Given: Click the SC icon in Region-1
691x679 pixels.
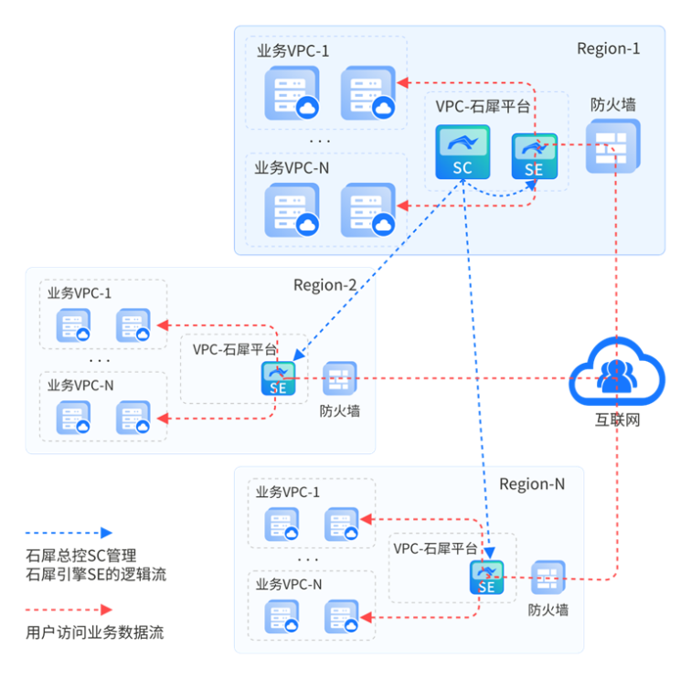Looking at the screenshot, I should pos(462,152).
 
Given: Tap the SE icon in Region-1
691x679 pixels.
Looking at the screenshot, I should pos(534,155).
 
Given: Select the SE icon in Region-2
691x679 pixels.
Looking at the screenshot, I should pos(278,377).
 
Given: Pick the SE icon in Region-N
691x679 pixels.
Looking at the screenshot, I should pos(486,578).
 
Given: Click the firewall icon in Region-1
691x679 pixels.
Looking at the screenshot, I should pos(611,145).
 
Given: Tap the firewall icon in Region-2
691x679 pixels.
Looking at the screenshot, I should pos(340,377).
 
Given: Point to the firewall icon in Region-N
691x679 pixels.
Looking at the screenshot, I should pos(548,578).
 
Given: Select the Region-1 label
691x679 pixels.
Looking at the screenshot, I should pos(608,48).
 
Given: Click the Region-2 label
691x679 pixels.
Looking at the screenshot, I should pos(324,285).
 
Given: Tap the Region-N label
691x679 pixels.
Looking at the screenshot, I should pos(532,483).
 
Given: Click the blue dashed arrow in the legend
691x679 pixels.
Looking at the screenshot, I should pos(69,533).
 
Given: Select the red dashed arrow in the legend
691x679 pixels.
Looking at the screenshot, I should pos(69,610).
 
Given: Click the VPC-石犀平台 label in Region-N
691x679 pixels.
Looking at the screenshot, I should pos(435,548).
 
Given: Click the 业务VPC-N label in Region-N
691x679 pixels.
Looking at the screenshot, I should pos(289,585).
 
